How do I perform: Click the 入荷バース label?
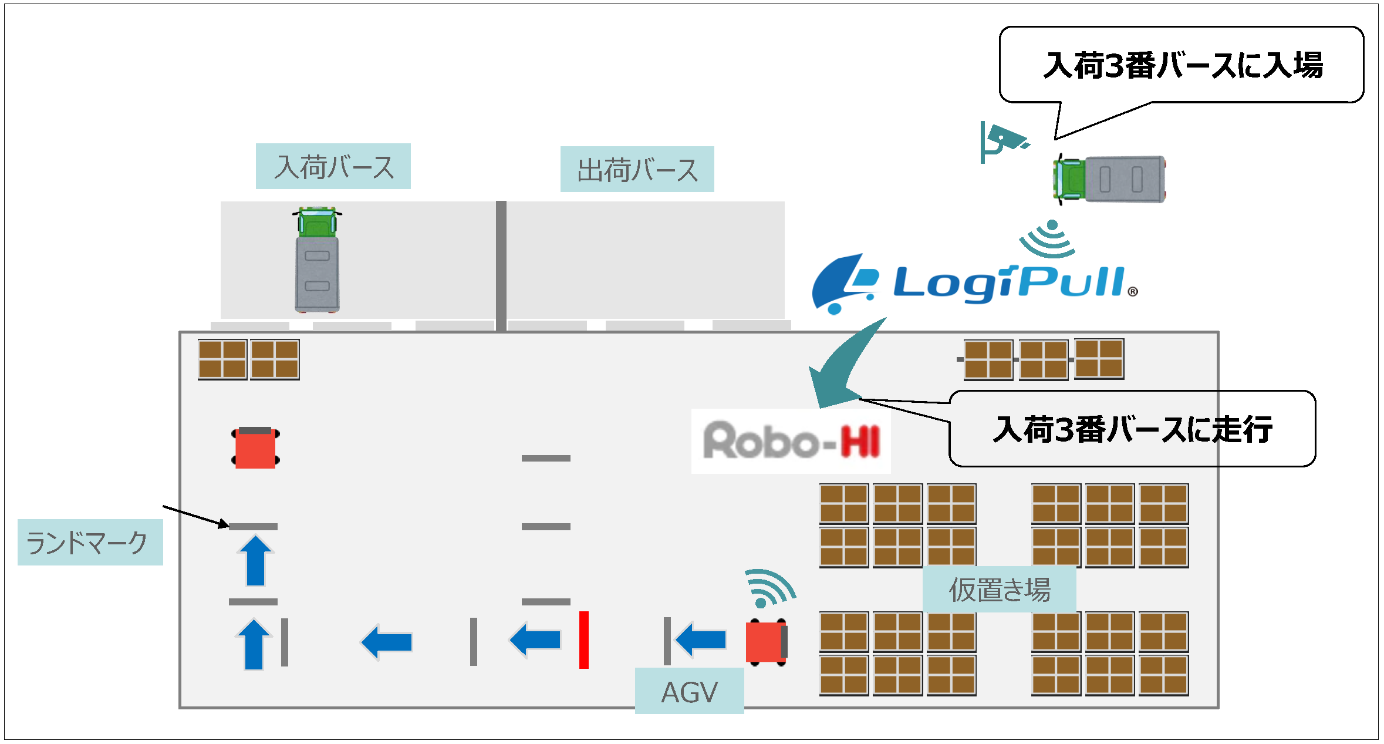(333, 166)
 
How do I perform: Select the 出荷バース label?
(637, 169)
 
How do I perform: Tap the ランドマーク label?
(90, 542)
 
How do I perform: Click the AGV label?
(689, 691)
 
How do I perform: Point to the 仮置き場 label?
(999, 589)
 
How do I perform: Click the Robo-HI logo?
(791, 441)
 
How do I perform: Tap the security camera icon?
(1001, 142)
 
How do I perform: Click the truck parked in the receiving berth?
(317, 260)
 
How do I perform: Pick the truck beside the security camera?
(1109, 179)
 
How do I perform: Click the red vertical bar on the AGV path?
(583, 639)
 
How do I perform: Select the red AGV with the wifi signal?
(766, 642)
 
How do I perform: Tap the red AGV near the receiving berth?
(255, 448)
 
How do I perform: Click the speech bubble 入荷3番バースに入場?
(1181, 65)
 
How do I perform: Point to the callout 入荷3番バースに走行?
(1132, 429)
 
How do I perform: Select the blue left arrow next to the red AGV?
(701, 639)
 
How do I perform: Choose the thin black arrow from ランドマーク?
(195, 516)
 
